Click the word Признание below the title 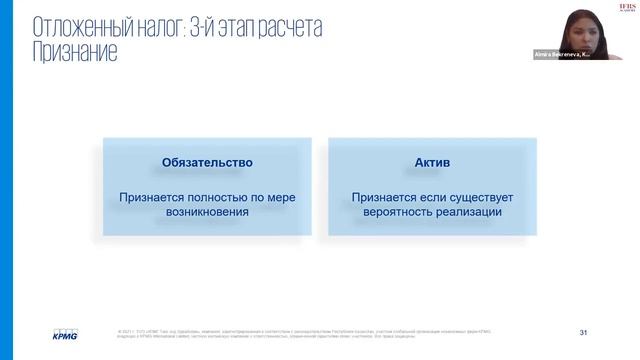click(75, 51)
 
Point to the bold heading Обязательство click(208, 162)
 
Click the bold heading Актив click(432, 162)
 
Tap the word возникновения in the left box click(208, 213)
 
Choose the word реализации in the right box click(468, 213)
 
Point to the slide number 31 click(583, 331)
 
